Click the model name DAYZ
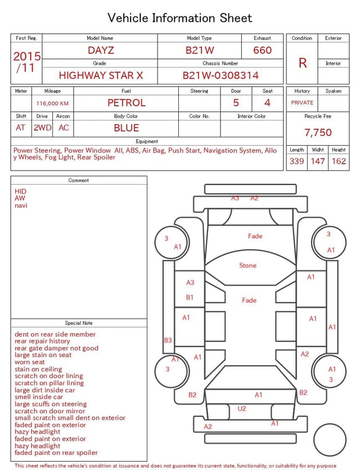(x=101, y=50)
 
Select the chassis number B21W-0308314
(x=220, y=75)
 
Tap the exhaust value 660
(x=262, y=50)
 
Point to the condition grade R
(x=303, y=63)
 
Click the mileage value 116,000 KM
(x=52, y=104)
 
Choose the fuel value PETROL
(x=127, y=103)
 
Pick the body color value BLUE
(x=127, y=128)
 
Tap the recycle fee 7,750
(x=318, y=132)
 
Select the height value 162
(x=339, y=161)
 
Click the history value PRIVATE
(x=302, y=102)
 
